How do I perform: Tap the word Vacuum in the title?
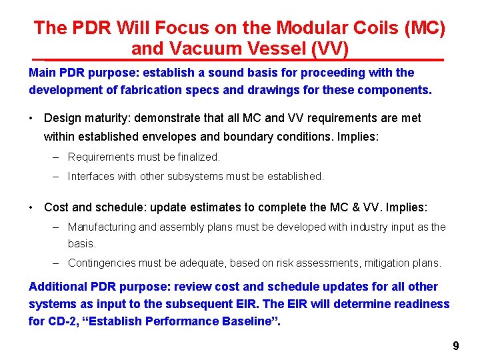(203, 49)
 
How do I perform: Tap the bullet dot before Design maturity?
(32, 119)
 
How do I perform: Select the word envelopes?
(165, 137)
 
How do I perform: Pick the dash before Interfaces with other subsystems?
(55, 177)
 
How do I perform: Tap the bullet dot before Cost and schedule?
(32, 207)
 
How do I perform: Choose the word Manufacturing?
(101, 227)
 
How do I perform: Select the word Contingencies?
(99, 263)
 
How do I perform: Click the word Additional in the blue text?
(57, 287)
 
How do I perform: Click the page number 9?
(455, 346)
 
